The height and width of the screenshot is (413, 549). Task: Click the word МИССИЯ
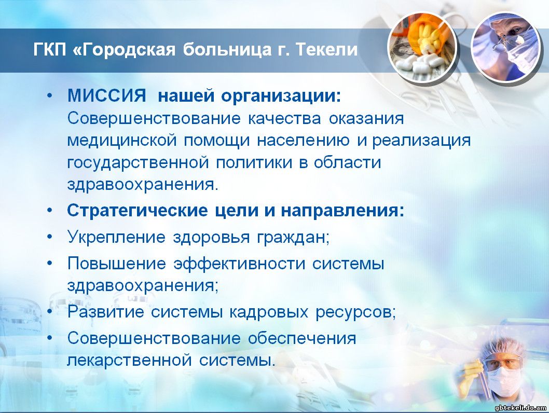pyautogui.click(x=106, y=95)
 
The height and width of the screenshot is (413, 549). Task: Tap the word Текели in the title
pyautogui.click(x=327, y=49)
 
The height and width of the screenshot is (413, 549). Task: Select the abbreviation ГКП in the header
pyautogui.click(x=50, y=49)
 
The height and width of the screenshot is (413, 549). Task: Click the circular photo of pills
pyautogui.click(x=422, y=47)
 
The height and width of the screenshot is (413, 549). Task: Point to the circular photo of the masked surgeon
pyautogui.click(x=505, y=48)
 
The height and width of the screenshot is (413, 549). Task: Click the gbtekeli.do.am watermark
pyautogui.click(x=520, y=407)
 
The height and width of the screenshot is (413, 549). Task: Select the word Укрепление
pyautogui.click(x=116, y=237)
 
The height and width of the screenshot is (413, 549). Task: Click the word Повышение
pyautogui.click(x=117, y=263)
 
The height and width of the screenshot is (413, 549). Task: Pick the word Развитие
pyautogui.click(x=106, y=312)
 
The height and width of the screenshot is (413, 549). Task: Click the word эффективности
pyautogui.click(x=240, y=264)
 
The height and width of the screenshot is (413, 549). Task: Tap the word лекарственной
pyautogui.click(x=130, y=360)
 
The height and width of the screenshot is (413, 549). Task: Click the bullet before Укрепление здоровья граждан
pyautogui.click(x=50, y=237)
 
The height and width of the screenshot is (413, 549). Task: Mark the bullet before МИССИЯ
pyautogui.click(x=50, y=95)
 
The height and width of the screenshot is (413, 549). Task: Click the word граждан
pyautogui.click(x=293, y=238)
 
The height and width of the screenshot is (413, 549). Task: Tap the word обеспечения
pyautogui.click(x=302, y=338)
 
